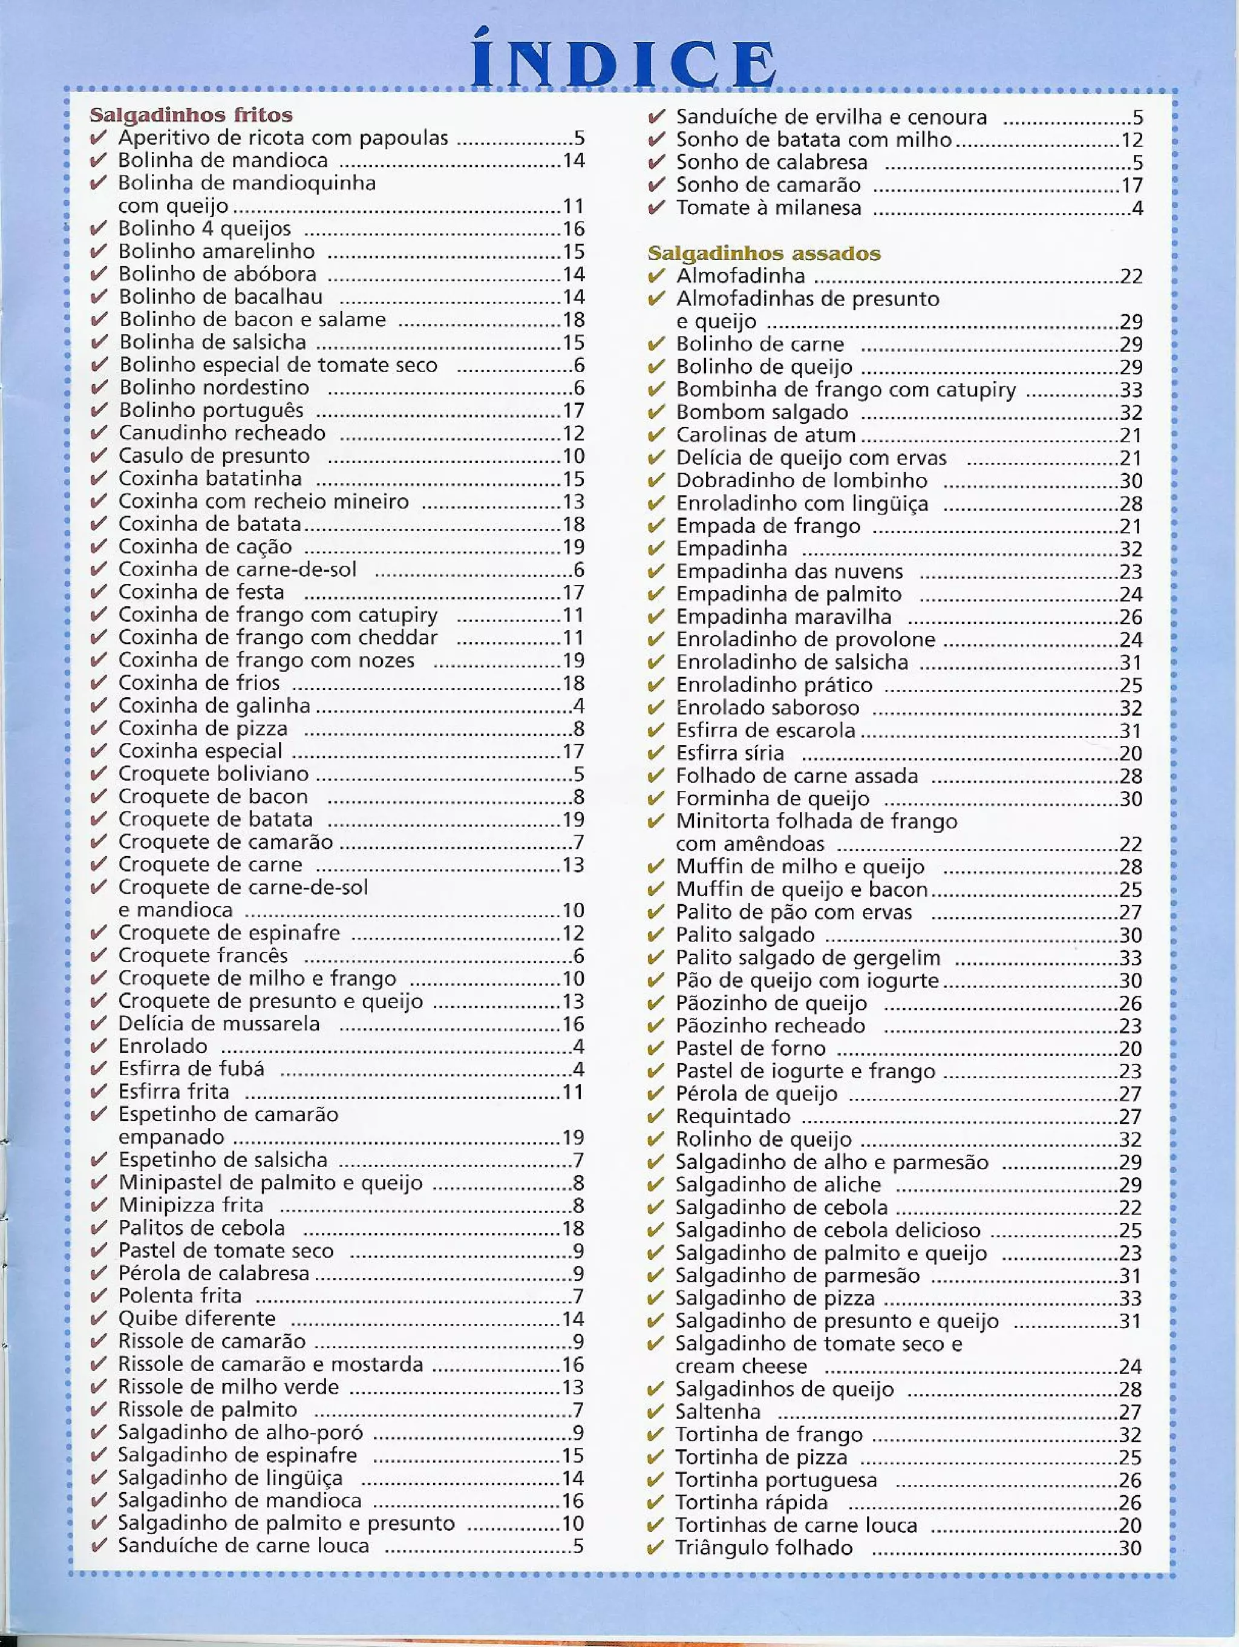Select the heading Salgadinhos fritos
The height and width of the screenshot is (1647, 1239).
[x=191, y=115]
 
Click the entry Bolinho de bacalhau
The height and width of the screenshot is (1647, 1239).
[x=220, y=297]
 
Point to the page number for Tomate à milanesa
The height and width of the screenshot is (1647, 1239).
[x=1137, y=208]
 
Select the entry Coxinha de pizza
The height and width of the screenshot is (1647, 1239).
[x=203, y=728]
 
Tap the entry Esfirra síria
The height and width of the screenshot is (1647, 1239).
[x=729, y=753]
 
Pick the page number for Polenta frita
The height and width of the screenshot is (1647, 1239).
[x=578, y=1296]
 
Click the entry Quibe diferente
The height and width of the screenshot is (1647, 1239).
[x=197, y=1318]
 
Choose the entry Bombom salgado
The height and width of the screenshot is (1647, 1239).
[x=761, y=413]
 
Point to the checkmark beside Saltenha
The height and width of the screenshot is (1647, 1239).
[x=655, y=1412]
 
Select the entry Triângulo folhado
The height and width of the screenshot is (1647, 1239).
[x=763, y=1548]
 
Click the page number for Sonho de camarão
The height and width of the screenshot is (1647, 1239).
[x=1132, y=185]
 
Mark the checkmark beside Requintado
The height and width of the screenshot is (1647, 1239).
[x=655, y=1117]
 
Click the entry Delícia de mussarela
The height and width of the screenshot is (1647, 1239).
[x=219, y=1024]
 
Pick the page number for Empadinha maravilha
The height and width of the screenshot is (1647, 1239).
[x=1130, y=617]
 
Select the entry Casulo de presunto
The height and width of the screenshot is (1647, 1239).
[x=214, y=456]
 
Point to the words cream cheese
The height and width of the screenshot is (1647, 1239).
[x=741, y=1366]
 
